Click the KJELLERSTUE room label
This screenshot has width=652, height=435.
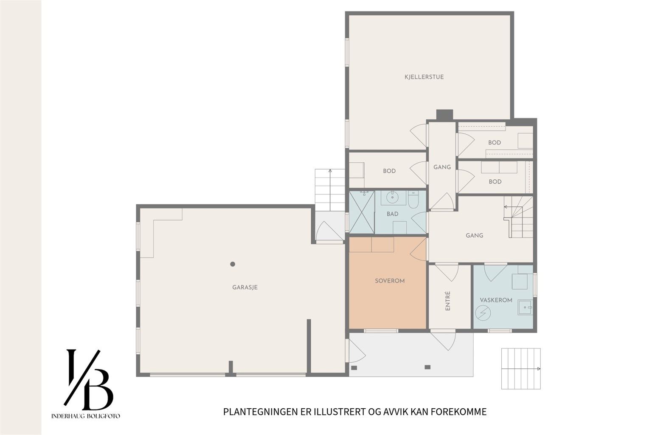(432, 77)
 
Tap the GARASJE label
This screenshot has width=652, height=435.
(245, 287)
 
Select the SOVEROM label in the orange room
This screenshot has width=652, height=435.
(390, 281)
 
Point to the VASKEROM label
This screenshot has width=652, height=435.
(496, 300)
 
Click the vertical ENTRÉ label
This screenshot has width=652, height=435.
(448, 301)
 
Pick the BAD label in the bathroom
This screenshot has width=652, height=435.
(392, 214)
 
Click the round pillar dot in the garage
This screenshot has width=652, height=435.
(233, 264)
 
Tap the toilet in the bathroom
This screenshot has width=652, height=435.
(413, 200)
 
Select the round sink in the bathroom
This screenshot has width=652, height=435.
(393, 198)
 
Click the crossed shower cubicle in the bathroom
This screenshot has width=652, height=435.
(362, 212)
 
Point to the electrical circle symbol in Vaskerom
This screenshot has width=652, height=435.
(483, 313)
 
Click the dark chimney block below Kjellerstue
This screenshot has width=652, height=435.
(444, 115)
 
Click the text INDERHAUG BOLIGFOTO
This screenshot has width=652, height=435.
(86, 416)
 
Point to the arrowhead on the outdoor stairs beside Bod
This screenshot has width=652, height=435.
(330, 170)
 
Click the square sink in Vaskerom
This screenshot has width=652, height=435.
(525, 308)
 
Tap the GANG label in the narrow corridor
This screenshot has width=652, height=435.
(442, 167)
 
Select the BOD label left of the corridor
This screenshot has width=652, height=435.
(389, 171)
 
